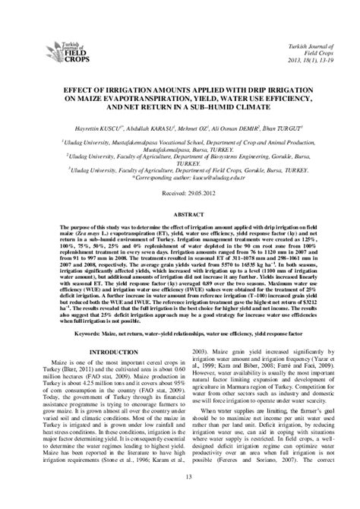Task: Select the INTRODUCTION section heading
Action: [106, 353]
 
